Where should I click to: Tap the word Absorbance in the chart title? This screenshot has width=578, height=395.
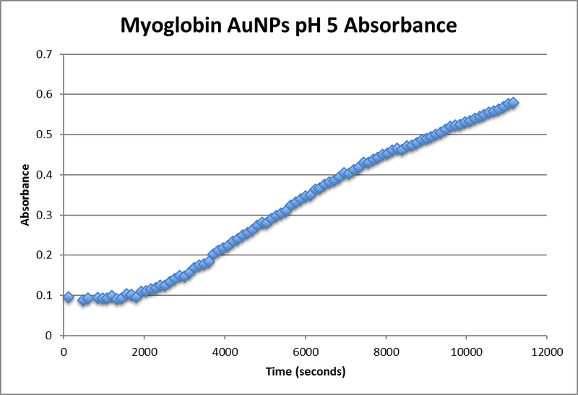tap(402, 27)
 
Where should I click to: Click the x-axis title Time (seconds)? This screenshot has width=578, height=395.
tap(304, 373)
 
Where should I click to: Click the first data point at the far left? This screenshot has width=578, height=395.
tap(69, 297)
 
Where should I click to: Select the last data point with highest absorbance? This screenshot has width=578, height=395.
tap(513, 103)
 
